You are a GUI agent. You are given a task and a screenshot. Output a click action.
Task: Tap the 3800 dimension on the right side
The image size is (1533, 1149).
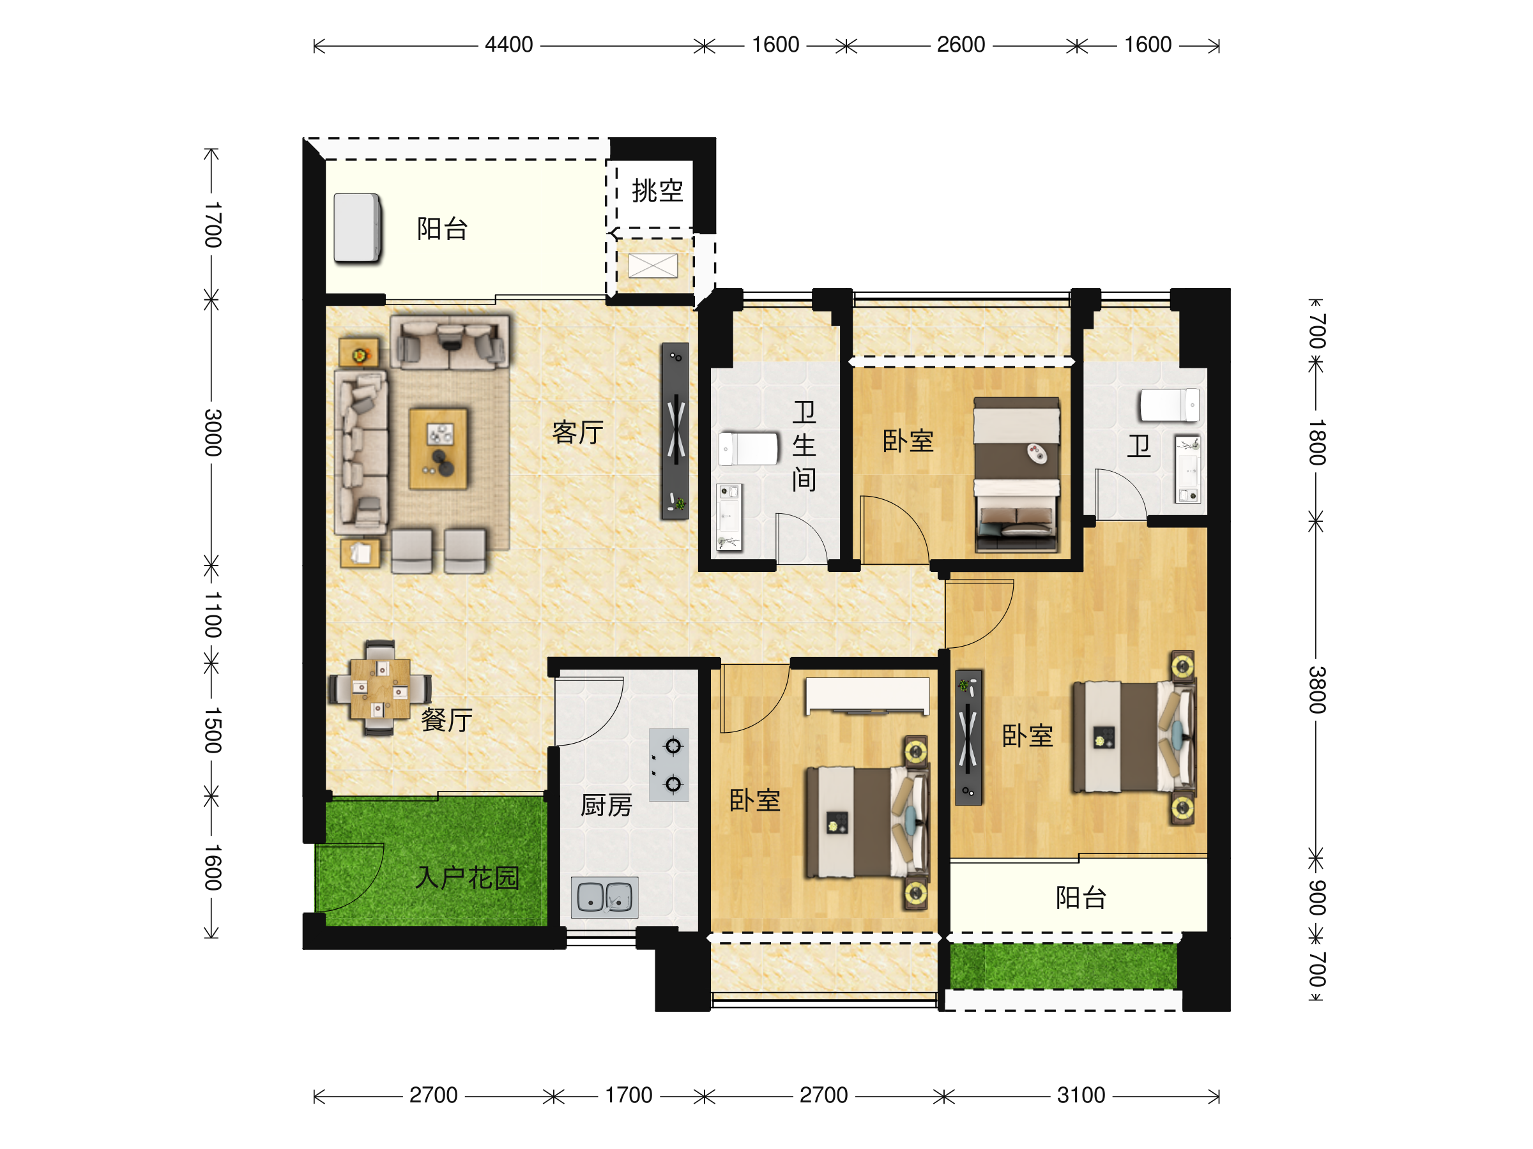click(1316, 690)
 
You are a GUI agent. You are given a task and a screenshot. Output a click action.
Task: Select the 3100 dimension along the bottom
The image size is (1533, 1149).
click(1081, 1095)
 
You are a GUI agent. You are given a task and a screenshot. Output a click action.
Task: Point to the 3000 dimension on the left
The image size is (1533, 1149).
click(213, 433)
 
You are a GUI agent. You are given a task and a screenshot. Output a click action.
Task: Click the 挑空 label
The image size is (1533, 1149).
click(657, 190)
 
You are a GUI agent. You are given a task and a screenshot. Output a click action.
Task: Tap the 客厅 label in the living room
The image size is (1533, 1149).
click(577, 432)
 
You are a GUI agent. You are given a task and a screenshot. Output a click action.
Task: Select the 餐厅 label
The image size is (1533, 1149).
click(447, 720)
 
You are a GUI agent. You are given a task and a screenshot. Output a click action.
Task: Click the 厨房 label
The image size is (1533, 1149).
click(606, 806)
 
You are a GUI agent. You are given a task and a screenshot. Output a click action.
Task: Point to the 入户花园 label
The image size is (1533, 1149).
click(467, 878)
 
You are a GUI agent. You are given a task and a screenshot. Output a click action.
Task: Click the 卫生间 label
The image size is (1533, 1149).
click(804, 446)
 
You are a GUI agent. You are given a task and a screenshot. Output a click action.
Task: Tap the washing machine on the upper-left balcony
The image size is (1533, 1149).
click(358, 228)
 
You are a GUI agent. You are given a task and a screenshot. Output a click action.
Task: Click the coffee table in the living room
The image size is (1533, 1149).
click(438, 449)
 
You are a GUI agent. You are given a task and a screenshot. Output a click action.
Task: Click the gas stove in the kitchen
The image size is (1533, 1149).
click(669, 765)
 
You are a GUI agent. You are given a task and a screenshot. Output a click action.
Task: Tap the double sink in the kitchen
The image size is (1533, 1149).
click(604, 897)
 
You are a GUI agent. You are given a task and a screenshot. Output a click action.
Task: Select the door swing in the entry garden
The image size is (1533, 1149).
click(349, 878)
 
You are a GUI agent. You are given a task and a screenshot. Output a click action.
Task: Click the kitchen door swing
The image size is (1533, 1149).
click(589, 711)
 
